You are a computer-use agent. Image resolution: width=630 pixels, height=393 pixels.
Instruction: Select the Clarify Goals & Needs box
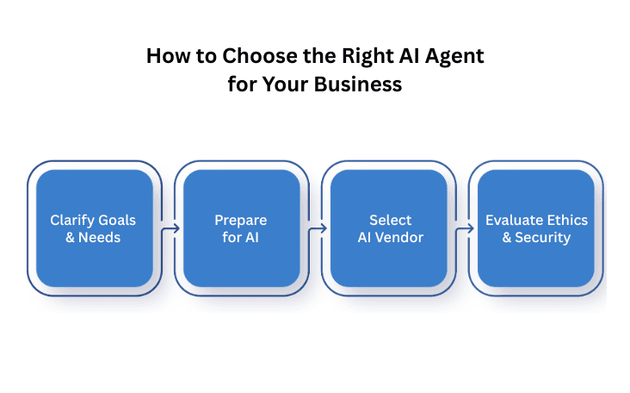pyautogui.click(x=94, y=228)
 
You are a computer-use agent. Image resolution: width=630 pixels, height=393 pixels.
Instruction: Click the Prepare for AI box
pyautogui.click(x=241, y=228)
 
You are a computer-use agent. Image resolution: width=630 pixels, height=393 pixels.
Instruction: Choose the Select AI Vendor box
pyautogui.click(x=389, y=228)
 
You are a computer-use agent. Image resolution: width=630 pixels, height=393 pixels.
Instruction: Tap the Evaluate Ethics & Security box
pyautogui.click(x=535, y=228)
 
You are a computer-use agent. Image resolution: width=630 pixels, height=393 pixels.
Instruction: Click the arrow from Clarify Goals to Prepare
pyautogui.click(x=169, y=228)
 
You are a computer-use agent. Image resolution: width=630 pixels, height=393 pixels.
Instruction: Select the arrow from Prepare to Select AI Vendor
pyautogui.click(x=317, y=228)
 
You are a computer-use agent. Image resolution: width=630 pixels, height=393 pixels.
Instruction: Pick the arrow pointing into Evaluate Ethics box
pyautogui.click(x=464, y=228)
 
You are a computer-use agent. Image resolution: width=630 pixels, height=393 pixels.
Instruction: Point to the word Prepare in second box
pyautogui.click(x=241, y=221)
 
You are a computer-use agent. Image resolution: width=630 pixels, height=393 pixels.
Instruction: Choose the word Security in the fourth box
pyautogui.click(x=542, y=237)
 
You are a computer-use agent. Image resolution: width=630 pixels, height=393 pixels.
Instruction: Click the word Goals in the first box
pyautogui.click(x=116, y=221)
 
